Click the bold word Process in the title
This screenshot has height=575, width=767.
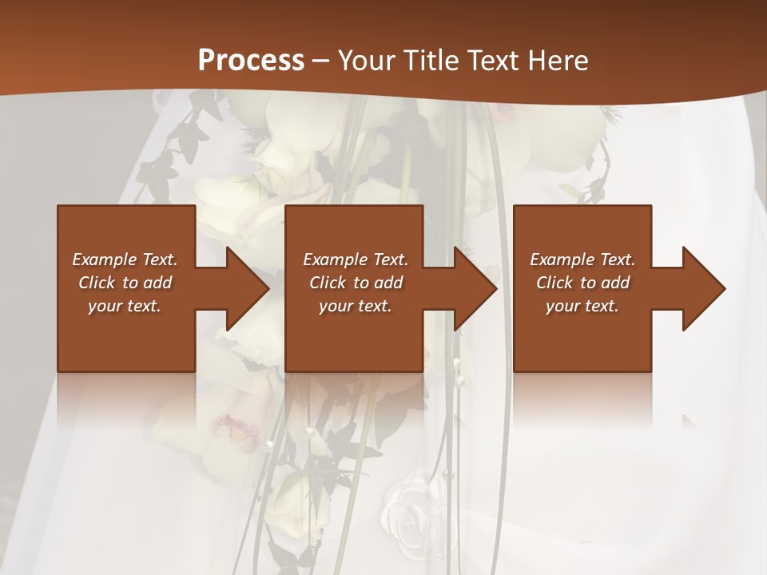pos(251,60)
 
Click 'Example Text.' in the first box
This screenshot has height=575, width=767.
pos(125,260)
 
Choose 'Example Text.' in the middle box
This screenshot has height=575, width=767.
pos(356,260)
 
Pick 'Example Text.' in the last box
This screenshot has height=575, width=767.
pos(582,260)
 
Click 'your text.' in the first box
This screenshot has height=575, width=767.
pos(125,306)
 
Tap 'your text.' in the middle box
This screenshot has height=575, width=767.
pos(356,306)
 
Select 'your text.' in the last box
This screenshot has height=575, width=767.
pos(582,306)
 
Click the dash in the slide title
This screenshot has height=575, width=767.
pos(321,61)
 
